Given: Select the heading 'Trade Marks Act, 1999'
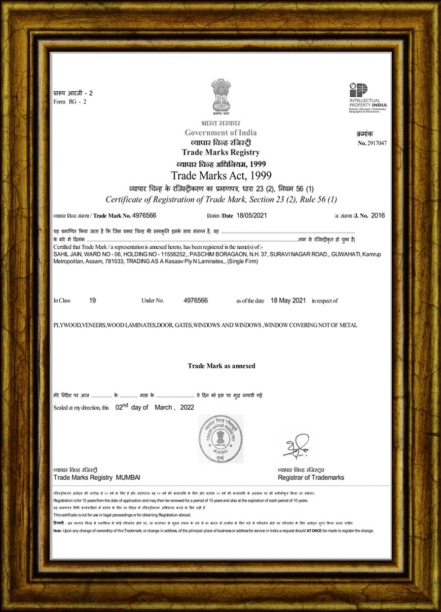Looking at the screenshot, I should click(x=221, y=176).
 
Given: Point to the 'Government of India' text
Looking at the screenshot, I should click(x=220, y=133).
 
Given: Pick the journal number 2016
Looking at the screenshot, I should click(x=378, y=216).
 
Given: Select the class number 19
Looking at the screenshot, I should click(x=92, y=300).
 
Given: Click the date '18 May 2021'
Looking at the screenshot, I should click(x=288, y=300).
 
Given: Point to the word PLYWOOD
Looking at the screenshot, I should click(x=67, y=325).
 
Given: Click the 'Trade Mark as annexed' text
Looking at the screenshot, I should click(x=222, y=366).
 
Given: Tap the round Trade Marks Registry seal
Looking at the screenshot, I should click(x=220, y=439).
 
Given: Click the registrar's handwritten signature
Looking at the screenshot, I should click(x=296, y=445).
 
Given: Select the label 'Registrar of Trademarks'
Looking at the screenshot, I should click(x=311, y=478).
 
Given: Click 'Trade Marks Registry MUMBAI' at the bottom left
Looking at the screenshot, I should click(x=97, y=478).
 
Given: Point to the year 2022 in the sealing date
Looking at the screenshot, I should click(x=187, y=407).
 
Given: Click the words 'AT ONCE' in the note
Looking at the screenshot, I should click(x=313, y=531).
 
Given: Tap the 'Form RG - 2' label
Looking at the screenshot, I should click(x=70, y=102).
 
